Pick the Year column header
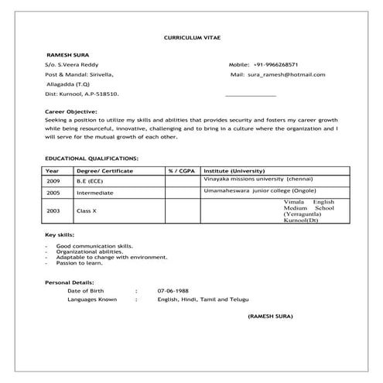click(53, 169)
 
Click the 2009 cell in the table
click(53, 180)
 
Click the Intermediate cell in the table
click(95, 193)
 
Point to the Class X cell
click(86, 210)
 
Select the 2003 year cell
click(53, 210)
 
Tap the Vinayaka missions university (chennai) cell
click(257, 178)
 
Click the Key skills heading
click(60, 234)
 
